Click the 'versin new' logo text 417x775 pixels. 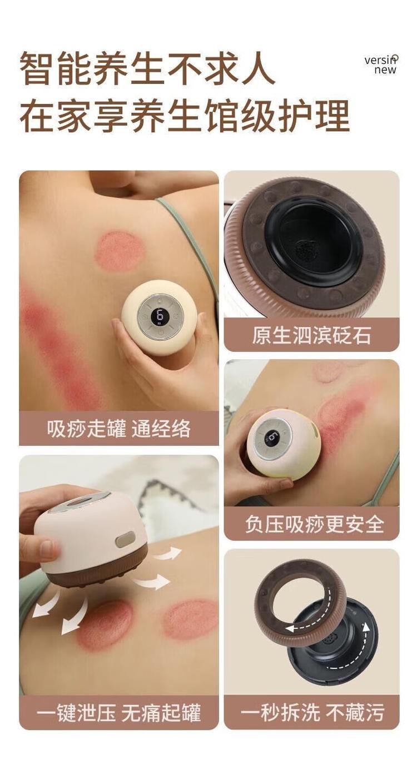[381, 64]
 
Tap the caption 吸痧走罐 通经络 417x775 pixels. [118, 429]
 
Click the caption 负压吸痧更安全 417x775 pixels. [315, 524]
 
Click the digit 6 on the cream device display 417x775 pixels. [160, 316]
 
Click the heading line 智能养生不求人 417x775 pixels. [148, 68]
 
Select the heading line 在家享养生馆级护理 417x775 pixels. [185, 115]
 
